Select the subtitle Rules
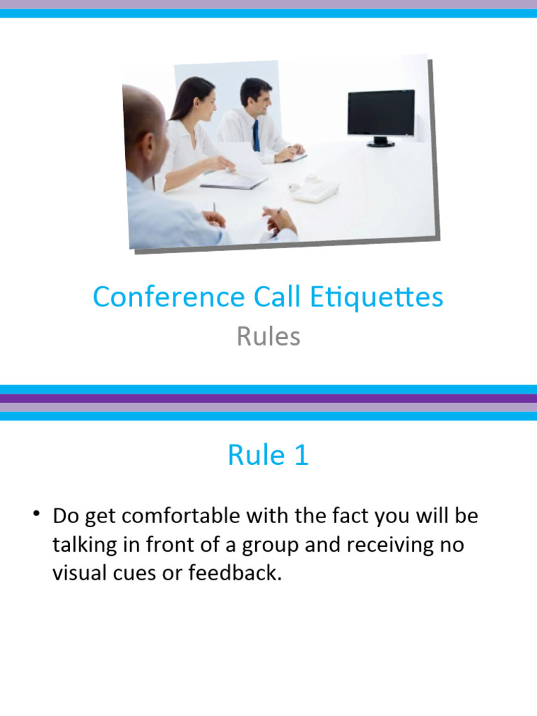pos(268,336)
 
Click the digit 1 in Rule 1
pos(300,456)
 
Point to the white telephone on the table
pos(315,188)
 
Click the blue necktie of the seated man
pos(256,135)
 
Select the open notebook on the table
pos(234,181)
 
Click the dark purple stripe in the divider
pos(268,399)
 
